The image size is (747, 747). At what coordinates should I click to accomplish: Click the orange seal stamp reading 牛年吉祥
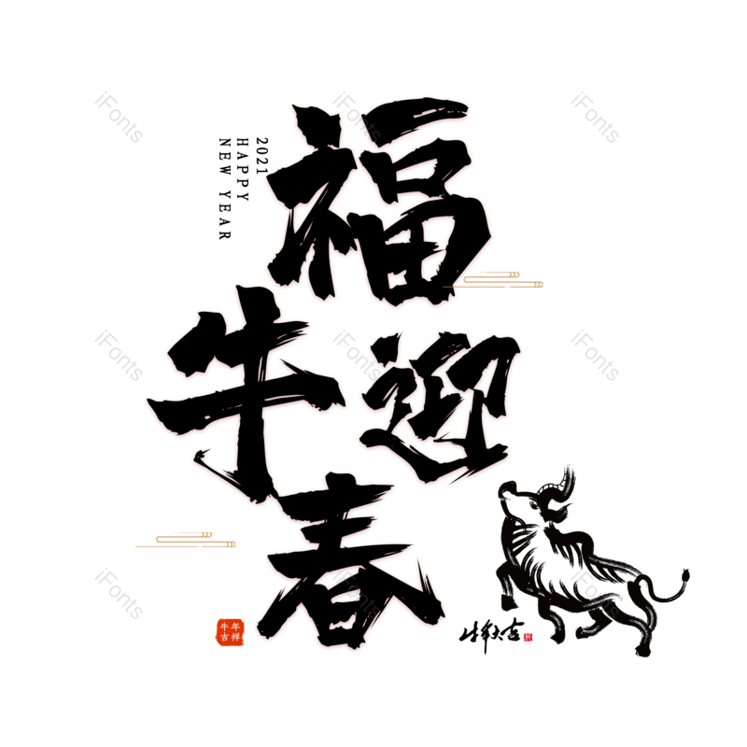[230, 632]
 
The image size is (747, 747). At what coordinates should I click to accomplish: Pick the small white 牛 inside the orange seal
[224, 627]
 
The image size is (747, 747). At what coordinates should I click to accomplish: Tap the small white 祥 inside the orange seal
[235, 638]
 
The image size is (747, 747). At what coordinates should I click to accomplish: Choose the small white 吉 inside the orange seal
[224, 638]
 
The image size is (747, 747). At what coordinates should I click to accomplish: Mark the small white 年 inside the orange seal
[235, 627]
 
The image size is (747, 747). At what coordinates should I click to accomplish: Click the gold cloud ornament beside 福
[500, 279]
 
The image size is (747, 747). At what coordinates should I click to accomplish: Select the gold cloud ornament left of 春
[187, 540]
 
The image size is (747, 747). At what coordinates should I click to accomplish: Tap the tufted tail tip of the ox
[684, 576]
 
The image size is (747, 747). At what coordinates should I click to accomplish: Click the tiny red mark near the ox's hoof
[529, 637]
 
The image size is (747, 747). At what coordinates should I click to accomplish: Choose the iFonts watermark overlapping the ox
[595, 593]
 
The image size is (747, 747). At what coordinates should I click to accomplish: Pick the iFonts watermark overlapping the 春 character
[357, 593]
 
